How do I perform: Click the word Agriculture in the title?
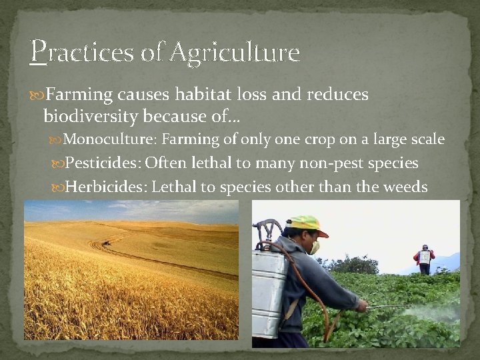(x=235, y=51)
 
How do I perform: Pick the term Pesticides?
(x=103, y=163)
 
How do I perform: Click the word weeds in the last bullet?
(x=405, y=187)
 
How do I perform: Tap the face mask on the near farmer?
(x=313, y=247)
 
